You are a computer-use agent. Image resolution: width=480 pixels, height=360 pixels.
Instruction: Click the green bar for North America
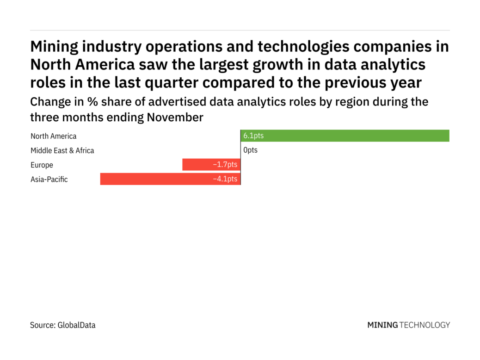click(x=345, y=136)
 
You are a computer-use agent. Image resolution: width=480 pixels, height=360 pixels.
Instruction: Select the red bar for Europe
click(x=211, y=165)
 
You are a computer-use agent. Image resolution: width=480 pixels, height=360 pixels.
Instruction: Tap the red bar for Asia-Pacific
click(x=170, y=179)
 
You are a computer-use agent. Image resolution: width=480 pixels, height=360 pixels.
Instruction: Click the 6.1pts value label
click(x=253, y=136)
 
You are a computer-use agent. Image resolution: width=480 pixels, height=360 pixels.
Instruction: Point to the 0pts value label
click(x=250, y=150)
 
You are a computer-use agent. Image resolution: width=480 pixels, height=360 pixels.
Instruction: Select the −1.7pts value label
click(x=225, y=165)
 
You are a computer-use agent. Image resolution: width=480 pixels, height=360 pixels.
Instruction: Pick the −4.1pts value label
click(x=225, y=179)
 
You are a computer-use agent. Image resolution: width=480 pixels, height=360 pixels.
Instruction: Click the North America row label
click(x=53, y=136)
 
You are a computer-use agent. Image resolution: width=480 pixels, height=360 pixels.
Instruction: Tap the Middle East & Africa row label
click(x=62, y=150)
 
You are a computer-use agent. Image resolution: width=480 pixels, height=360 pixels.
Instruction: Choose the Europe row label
click(x=42, y=165)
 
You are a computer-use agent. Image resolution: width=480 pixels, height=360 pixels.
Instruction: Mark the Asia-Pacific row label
click(x=49, y=179)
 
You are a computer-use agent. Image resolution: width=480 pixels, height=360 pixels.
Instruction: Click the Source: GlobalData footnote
click(x=62, y=325)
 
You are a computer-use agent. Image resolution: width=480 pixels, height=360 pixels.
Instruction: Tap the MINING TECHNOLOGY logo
click(x=408, y=325)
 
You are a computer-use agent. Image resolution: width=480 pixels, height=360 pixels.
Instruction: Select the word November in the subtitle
click(x=175, y=118)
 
